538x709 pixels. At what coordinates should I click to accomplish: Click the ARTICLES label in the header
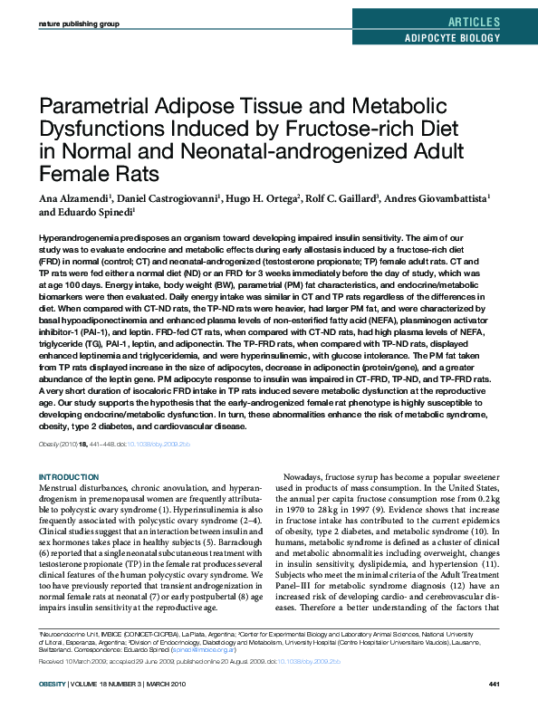coord(473,22)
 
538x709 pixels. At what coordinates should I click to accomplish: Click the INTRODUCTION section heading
coord(69,477)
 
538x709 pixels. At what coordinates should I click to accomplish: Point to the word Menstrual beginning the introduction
coord(61,488)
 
